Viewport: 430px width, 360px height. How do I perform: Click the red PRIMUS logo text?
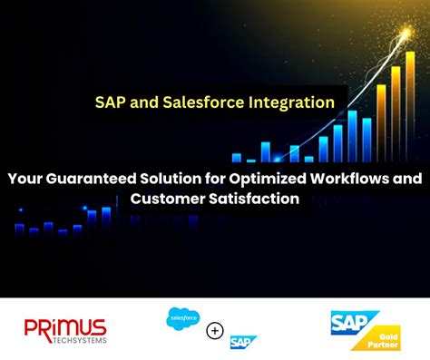pyautogui.click(x=65, y=327)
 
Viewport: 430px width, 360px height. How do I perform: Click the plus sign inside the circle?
pyautogui.click(x=215, y=330)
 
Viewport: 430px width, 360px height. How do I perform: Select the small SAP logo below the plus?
pyautogui.click(x=243, y=342)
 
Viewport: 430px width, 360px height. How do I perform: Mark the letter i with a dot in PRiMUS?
pyautogui.click(x=53, y=327)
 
